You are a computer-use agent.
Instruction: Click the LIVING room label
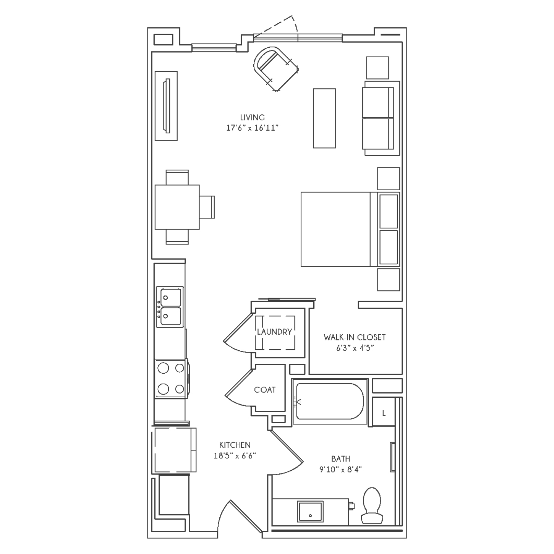[x=252, y=117]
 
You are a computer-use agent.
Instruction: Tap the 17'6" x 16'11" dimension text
[x=253, y=128]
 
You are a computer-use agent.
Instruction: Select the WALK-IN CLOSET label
[x=355, y=337]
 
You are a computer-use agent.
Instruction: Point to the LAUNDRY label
[x=274, y=332]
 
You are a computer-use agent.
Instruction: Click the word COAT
[x=265, y=390]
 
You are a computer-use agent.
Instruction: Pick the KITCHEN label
[x=235, y=445]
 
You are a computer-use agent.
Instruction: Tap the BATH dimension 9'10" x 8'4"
[x=340, y=470]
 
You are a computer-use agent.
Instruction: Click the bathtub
[x=330, y=401]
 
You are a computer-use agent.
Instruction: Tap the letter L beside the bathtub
[x=384, y=413]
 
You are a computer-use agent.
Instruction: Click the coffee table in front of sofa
[x=324, y=118]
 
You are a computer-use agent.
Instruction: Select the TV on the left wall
[x=166, y=106]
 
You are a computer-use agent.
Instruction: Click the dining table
[x=177, y=207]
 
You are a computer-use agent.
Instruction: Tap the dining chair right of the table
[x=207, y=207]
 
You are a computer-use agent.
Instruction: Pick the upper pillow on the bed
[x=389, y=211]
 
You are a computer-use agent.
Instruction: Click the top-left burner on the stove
[x=163, y=368]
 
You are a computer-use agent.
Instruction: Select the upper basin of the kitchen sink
[x=171, y=298]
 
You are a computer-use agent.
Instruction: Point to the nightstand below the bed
[x=389, y=280]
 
